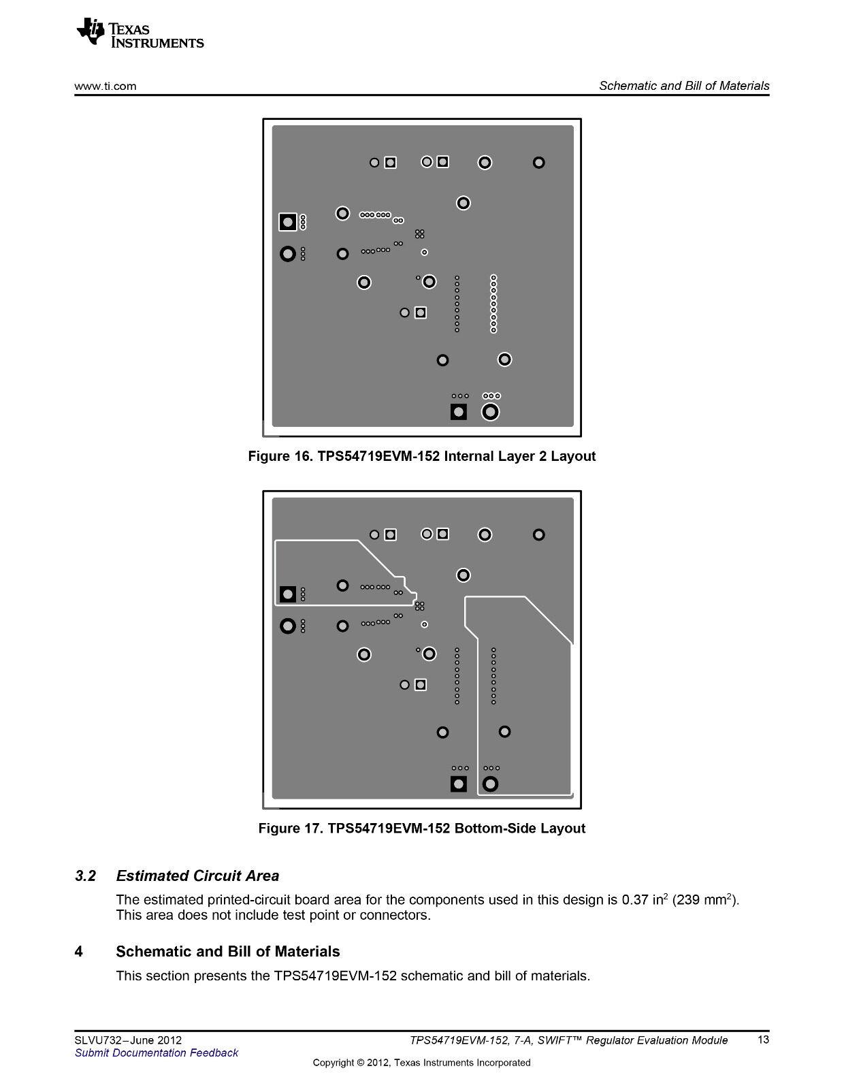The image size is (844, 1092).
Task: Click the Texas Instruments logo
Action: click(x=140, y=33)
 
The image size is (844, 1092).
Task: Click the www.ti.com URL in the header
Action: click(x=105, y=86)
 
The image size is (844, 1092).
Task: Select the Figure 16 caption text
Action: click(x=421, y=456)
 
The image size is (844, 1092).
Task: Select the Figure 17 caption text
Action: click(x=421, y=829)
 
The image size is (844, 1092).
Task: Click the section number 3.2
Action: click(x=85, y=876)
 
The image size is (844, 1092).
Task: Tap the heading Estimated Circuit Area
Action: click(x=197, y=876)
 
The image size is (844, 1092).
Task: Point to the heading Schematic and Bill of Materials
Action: click(x=227, y=952)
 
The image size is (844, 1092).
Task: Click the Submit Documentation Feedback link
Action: click(x=157, y=1053)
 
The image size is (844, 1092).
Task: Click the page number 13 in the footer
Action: click(x=763, y=1040)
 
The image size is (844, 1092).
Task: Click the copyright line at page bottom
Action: click(x=421, y=1063)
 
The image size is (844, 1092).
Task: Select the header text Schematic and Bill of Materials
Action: click(x=684, y=86)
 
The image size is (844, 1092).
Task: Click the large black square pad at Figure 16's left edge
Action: click(x=288, y=222)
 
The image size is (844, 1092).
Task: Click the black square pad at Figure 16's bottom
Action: click(x=459, y=412)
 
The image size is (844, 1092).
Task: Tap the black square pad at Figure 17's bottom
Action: click(x=459, y=784)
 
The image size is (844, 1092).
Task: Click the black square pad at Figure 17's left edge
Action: click(x=288, y=594)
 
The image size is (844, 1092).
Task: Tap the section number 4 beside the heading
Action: click(x=79, y=952)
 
